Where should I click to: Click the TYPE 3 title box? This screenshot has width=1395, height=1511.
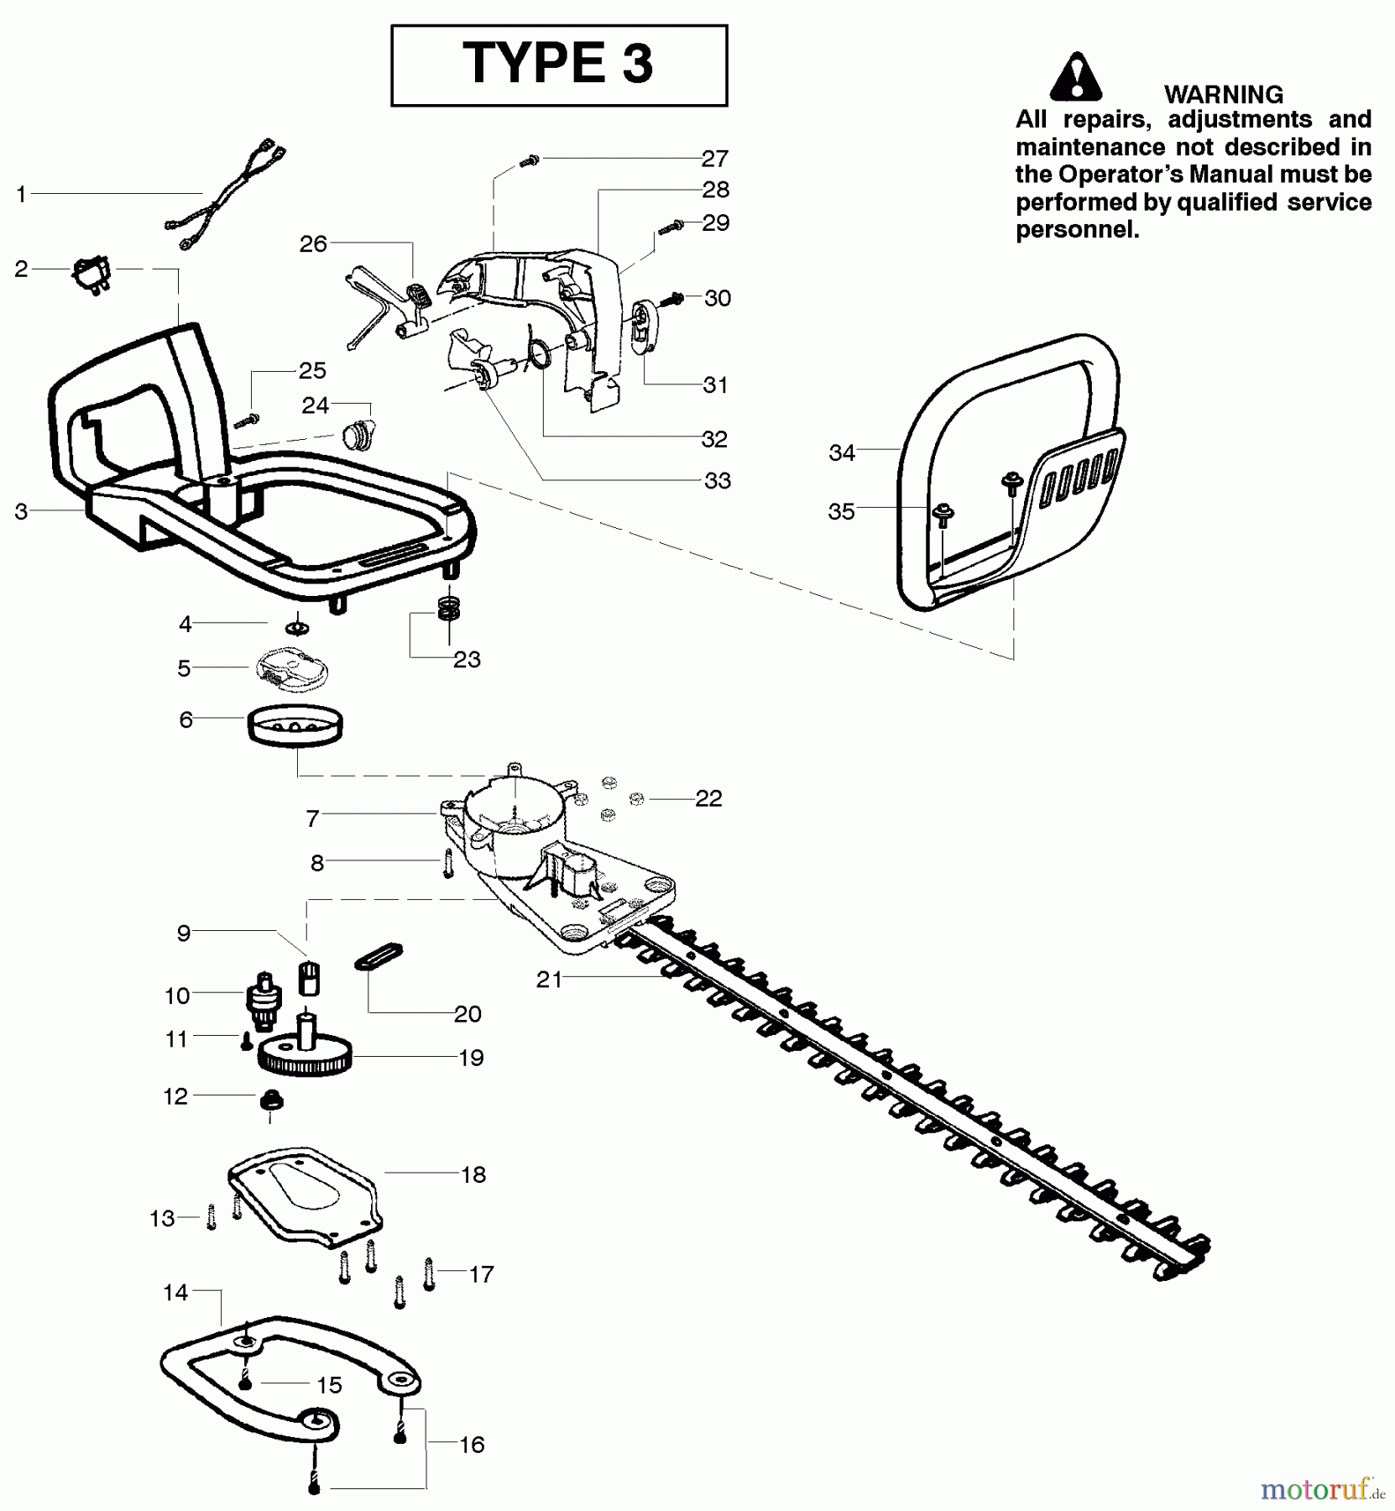tap(559, 65)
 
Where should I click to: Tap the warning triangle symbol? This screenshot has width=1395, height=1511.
tap(1075, 78)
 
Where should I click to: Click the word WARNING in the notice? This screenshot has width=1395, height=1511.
tap(1223, 94)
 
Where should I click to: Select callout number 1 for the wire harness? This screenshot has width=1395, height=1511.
tap(21, 195)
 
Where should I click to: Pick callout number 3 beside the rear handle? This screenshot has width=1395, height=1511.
tap(21, 511)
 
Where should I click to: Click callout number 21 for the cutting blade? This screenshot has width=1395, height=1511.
tap(549, 979)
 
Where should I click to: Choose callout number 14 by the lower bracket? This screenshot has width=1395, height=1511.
tap(175, 1293)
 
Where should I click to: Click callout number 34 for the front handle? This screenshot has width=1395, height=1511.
tap(841, 453)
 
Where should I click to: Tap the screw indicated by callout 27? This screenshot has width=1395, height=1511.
tap(528, 159)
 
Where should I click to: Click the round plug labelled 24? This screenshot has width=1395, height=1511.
tap(358, 435)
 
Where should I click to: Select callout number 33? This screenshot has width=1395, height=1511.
tap(718, 481)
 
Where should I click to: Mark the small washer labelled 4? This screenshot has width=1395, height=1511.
tap(297, 628)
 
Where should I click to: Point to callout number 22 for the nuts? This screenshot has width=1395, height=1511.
tap(708, 798)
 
